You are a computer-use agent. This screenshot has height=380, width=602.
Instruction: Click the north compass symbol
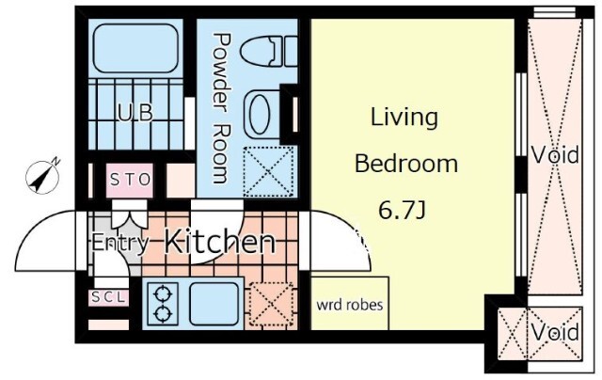[x=42, y=178]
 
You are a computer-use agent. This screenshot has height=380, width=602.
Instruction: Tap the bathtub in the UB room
[x=135, y=48]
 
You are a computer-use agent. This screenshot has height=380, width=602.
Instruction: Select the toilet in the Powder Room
[x=269, y=51]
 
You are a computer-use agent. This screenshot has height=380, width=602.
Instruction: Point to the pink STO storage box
[x=130, y=180]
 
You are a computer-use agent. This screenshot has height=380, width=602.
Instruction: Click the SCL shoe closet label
[x=109, y=297]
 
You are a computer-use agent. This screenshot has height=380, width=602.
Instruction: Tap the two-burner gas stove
[x=163, y=304]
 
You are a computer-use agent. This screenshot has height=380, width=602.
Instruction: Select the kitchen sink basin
[x=214, y=304]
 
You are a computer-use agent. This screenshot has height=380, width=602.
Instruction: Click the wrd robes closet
[x=349, y=303]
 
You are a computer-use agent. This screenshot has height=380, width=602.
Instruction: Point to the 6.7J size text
[x=402, y=210]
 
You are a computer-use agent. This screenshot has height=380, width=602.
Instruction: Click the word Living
[x=404, y=118]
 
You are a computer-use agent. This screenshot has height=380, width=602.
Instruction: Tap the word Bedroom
[x=405, y=164]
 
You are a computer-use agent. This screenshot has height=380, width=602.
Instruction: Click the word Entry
[x=119, y=243]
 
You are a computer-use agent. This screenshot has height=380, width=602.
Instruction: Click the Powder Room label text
[x=222, y=108]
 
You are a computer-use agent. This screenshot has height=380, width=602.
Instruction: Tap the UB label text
[x=135, y=113]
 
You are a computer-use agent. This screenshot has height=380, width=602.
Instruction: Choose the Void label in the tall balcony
[x=555, y=155]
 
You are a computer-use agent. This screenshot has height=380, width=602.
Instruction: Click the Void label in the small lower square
[x=555, y=332]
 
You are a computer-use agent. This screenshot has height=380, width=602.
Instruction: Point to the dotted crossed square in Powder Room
[x=268, y=171]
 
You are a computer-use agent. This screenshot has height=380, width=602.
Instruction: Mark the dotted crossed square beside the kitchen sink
[x=272, y=305]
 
